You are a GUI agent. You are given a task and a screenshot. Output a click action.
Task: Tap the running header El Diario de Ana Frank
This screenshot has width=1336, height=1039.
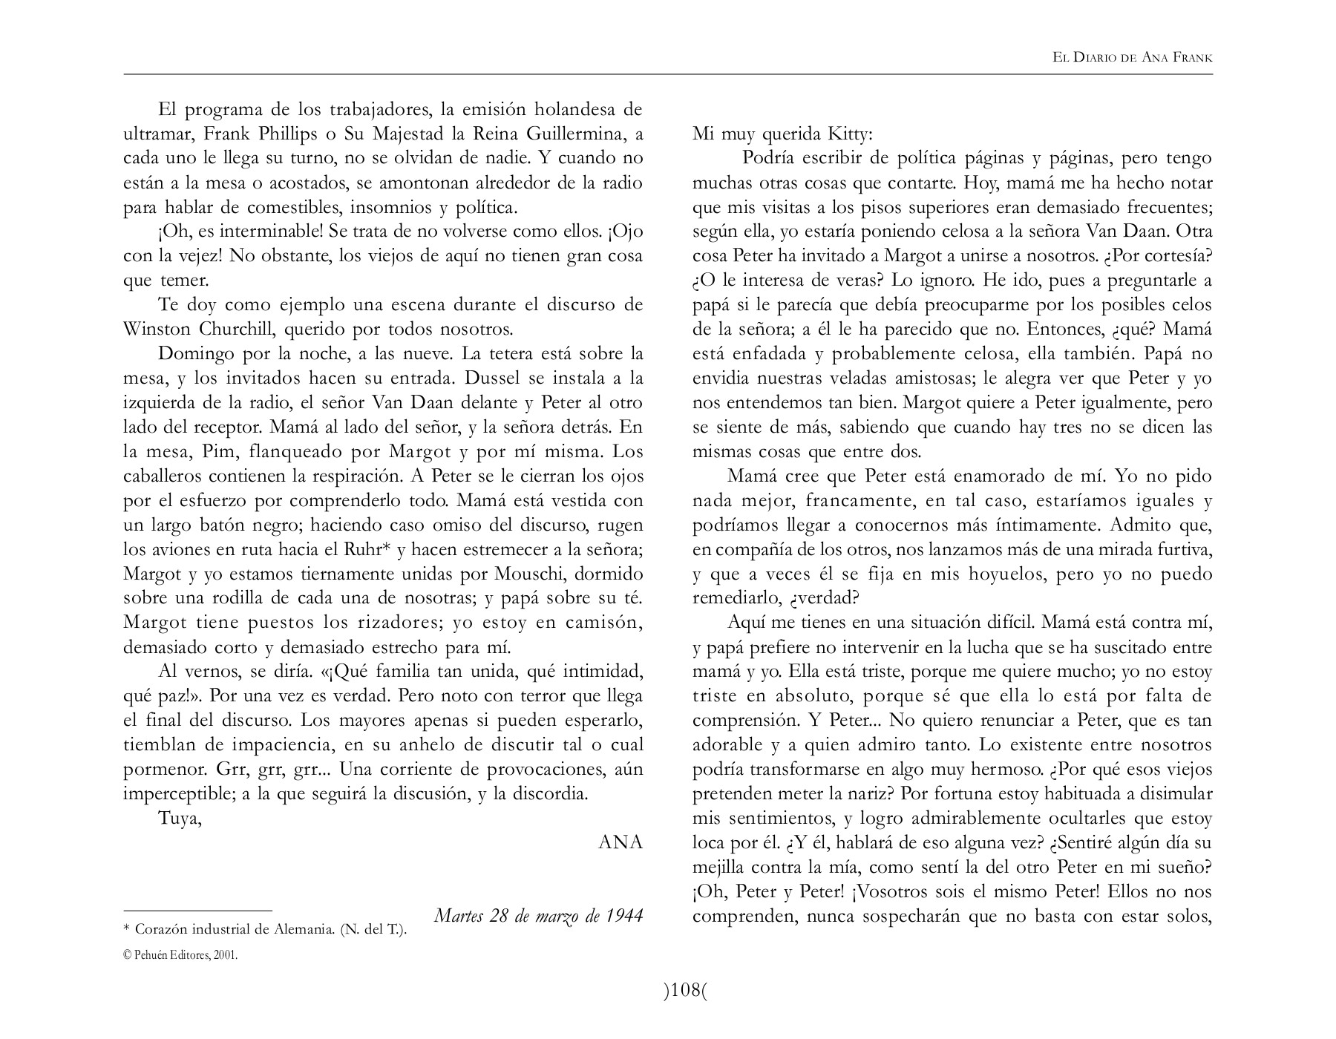[1133, 57]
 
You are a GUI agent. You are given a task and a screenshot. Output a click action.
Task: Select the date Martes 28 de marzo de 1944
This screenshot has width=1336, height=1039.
[538, 916]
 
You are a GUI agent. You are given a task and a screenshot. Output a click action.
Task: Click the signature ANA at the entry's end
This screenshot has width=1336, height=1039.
[620, 842]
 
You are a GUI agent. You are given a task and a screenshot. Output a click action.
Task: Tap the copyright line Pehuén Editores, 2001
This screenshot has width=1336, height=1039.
[180, 955]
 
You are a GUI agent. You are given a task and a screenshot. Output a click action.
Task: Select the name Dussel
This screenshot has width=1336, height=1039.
[491, 378]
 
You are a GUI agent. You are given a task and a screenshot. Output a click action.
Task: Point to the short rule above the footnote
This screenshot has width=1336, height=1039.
[197, 910]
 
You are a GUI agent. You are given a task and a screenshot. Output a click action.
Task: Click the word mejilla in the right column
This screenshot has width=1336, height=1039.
[718, 867]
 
